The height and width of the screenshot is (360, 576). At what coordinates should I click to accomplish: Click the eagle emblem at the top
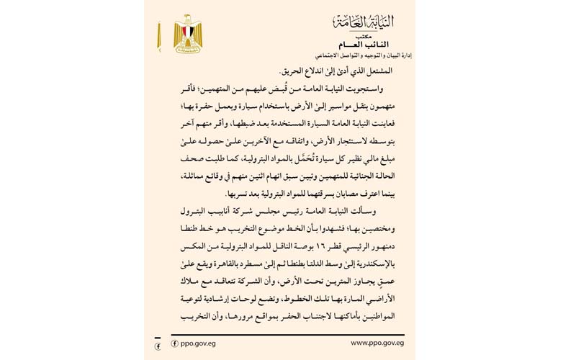pyautogui.click(x=188, y=32)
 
